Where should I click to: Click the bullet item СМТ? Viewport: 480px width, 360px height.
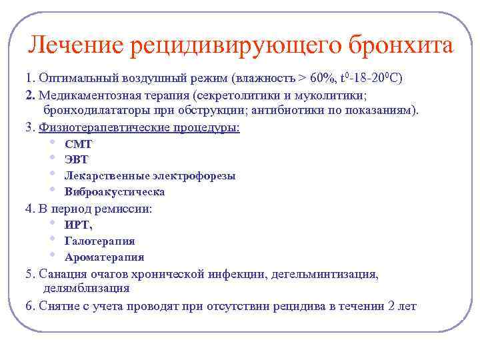78,144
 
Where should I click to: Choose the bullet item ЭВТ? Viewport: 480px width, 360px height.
76,160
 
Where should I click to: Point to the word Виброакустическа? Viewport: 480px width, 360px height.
115,192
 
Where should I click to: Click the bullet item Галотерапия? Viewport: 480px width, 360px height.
99,241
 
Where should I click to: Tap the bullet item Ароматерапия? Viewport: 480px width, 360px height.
104,257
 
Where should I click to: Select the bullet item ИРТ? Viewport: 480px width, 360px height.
78,225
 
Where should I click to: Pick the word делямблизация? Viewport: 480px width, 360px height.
87,289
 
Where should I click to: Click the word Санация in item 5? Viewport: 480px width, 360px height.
61,274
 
